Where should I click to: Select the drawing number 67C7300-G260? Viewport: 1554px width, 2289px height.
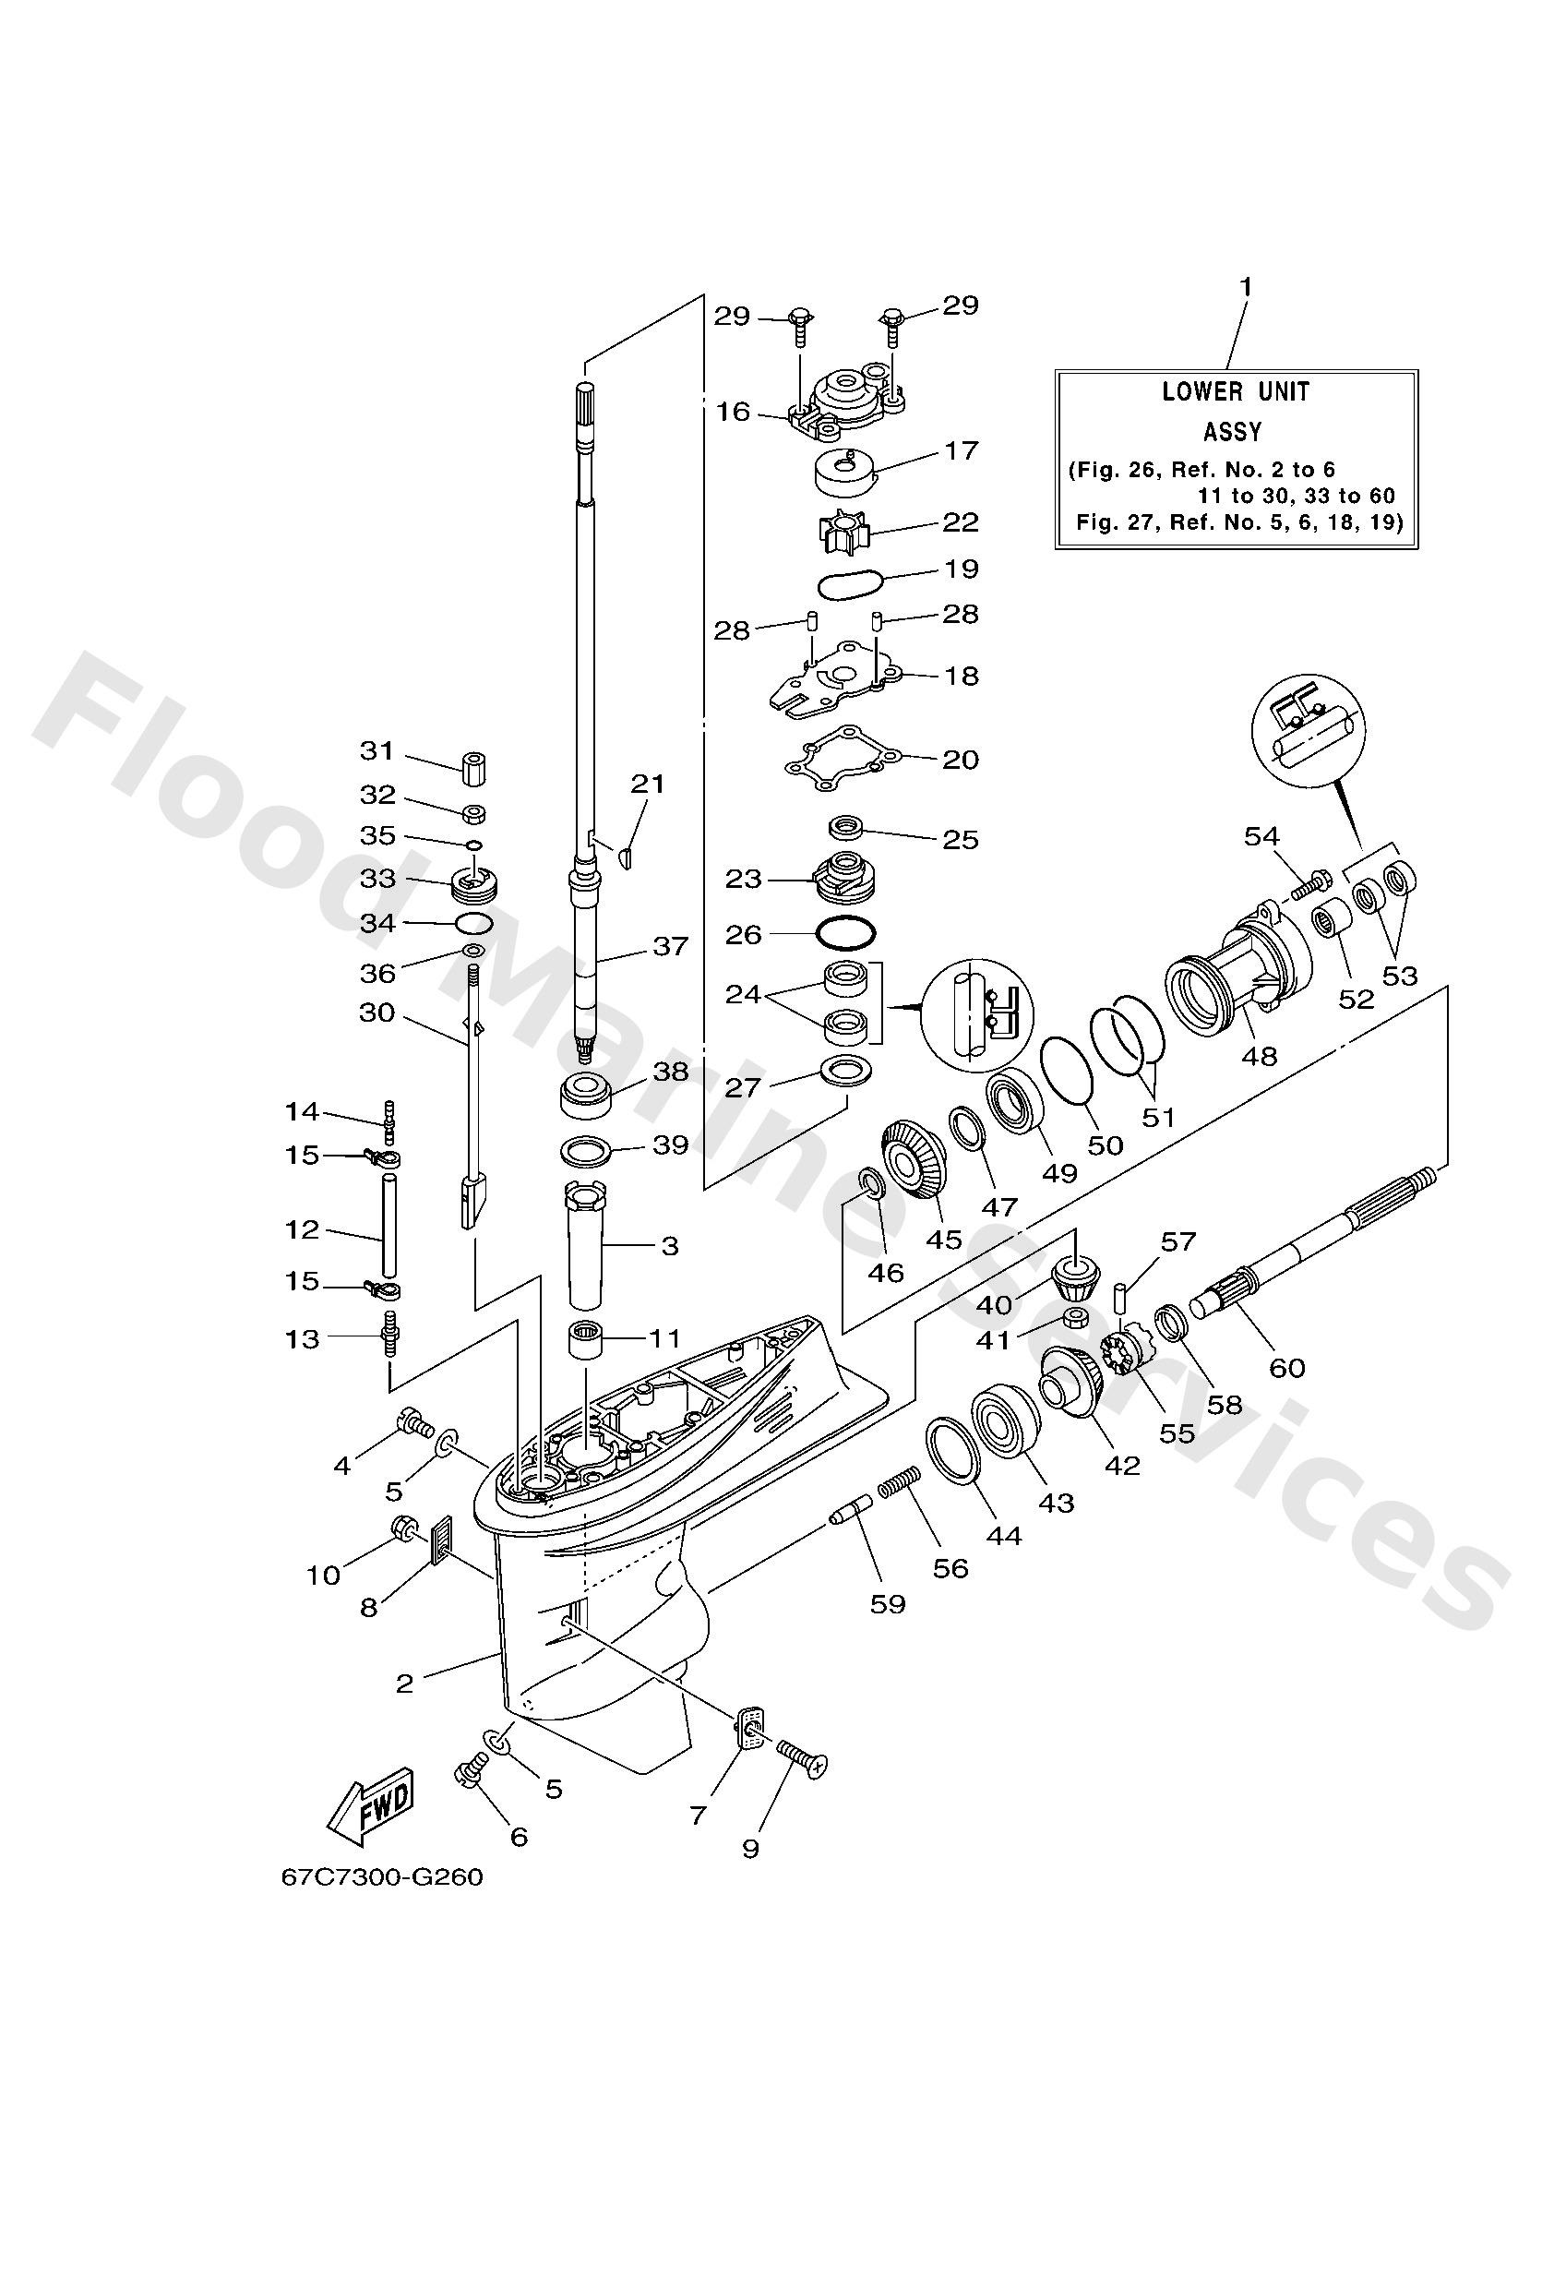point(382,1876)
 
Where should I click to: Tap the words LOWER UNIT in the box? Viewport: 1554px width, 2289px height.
point(1235,392)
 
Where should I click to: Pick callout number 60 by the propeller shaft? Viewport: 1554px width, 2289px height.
point(1287,1367)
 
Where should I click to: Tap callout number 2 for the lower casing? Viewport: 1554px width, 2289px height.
point(405,1683)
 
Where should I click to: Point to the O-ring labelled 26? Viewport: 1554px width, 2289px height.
point(845,930)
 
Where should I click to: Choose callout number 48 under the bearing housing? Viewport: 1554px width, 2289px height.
point(1260,1056)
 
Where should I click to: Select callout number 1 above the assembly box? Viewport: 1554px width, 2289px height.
point(1246,287)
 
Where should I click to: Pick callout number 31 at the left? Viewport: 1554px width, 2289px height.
point(377,750)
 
